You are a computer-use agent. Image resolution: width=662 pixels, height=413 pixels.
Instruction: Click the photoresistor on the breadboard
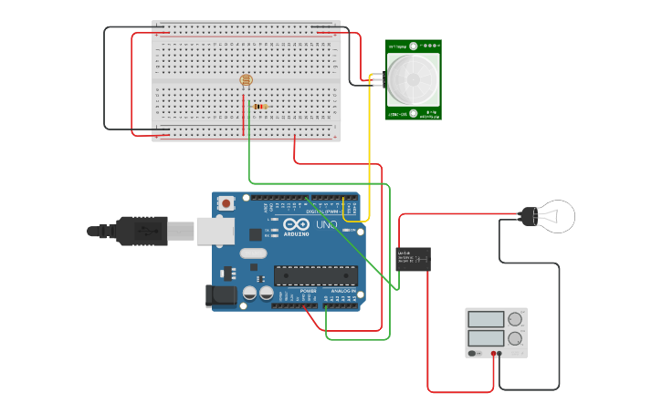point(246,80)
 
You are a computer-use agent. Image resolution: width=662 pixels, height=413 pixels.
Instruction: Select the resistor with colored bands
point(260,107)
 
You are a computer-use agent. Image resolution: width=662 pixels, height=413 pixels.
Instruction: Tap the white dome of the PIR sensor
point(413,79)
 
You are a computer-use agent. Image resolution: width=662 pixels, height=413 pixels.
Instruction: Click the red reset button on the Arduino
point(226,203)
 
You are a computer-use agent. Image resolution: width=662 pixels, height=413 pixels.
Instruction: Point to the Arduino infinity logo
point(295,224)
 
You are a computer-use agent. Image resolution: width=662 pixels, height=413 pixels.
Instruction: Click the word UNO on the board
point(326,224)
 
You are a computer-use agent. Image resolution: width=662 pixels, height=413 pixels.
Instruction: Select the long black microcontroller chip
point(316,274)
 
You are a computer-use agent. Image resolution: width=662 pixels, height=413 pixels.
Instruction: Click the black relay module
point(413,259)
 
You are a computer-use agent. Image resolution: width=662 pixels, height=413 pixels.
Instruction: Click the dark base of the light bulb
point(528,216)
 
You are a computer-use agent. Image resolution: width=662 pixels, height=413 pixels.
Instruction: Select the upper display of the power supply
point(486,319)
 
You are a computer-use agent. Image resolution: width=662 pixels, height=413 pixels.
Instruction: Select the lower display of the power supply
point(486,337)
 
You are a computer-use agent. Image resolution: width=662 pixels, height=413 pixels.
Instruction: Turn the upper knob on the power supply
point(515,319)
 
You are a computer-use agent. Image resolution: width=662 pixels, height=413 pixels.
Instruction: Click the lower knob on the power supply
point(515,338)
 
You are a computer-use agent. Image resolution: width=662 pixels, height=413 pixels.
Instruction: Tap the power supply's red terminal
point(493,353)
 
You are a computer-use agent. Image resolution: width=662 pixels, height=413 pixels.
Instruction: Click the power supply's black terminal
point(499,353)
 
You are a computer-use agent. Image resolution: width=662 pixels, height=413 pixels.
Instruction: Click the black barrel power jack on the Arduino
point(219,294)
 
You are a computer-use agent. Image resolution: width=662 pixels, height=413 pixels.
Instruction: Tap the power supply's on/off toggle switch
point(474,353)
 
